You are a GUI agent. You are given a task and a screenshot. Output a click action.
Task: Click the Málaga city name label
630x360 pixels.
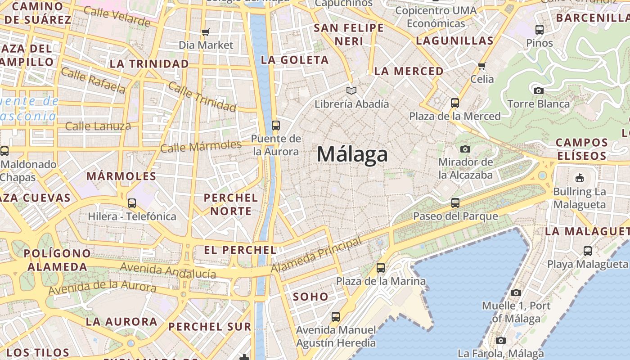[352, 154]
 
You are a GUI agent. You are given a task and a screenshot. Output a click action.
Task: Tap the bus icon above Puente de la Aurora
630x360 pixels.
[275, 126]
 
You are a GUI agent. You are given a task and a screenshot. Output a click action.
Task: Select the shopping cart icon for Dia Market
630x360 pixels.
[206, 32]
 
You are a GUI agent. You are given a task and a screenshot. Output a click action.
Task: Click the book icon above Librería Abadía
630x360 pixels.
[351, 91]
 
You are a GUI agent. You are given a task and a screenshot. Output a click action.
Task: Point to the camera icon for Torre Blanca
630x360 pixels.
[538, 90]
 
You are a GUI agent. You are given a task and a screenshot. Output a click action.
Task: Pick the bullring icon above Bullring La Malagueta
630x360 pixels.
[579, 178]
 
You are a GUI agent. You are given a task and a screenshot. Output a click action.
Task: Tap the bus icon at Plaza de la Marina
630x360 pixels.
[381, 268]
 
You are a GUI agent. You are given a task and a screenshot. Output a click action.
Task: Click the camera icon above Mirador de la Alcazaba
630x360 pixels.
[465, 148]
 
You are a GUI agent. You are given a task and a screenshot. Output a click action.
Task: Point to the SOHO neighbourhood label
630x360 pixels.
[310, 297]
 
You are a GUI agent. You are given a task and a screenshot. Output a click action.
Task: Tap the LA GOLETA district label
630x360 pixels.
[295, 60]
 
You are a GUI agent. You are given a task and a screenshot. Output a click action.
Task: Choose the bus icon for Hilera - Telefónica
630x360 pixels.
[131, 203]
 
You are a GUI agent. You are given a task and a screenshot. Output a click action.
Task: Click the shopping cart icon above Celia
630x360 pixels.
[482, 66]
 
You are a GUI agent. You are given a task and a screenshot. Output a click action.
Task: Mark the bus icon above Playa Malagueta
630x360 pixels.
[587, 251]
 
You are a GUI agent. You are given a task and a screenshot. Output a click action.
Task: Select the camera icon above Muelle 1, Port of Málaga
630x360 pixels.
[516, 292]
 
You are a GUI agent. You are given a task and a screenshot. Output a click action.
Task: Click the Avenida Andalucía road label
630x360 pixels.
[167, 270]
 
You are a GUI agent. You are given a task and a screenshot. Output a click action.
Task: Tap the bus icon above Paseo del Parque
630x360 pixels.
[455, 203]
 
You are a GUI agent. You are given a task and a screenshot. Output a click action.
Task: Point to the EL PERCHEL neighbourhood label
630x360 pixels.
[240, 250]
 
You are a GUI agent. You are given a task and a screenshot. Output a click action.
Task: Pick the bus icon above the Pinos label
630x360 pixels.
[539, 30]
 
